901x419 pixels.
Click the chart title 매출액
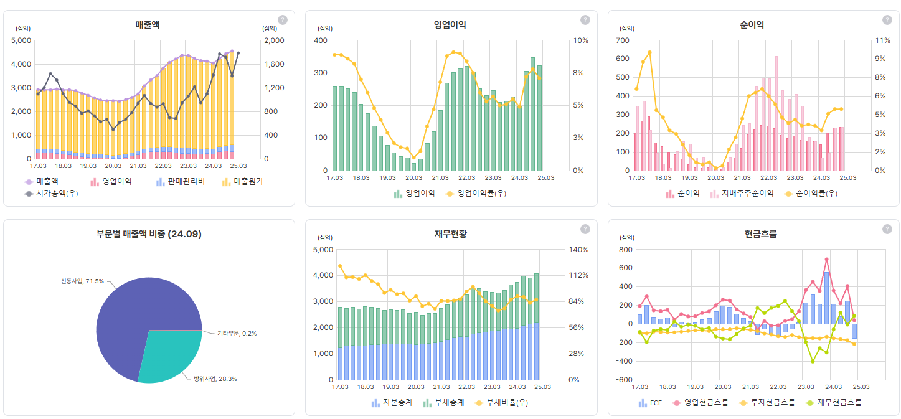(148, 25)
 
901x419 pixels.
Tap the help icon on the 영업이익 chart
(585, 20)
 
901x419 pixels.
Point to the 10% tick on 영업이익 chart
(580, 40)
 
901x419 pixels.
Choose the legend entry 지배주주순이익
(747, 194)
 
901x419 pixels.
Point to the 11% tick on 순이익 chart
(882, 40)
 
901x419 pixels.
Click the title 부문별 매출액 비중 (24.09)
(149, 234)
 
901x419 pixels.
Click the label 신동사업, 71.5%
(82, 281)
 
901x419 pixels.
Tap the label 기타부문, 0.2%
(237, 333)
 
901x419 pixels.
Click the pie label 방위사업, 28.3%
(215, 379)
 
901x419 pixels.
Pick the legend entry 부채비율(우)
(506, 403)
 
